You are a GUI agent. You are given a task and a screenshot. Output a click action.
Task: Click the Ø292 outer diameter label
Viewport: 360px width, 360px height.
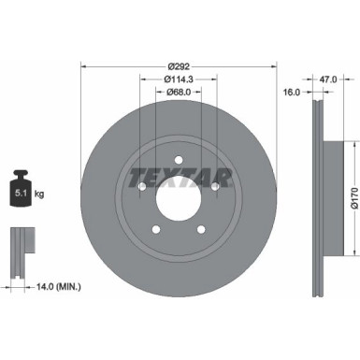coord(180,66)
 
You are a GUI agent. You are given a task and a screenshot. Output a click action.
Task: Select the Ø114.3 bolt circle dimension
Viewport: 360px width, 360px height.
coord(179,79)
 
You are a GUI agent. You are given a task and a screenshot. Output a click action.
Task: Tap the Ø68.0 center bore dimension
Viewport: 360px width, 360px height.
coord(179,92)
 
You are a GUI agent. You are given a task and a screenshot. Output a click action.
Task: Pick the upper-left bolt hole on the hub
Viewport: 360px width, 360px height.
coord(142,189)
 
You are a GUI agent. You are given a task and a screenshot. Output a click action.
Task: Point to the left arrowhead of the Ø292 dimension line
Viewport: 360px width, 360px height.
coord(84,66)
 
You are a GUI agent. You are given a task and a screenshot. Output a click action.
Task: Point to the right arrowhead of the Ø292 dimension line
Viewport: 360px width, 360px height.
coord(275,66)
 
